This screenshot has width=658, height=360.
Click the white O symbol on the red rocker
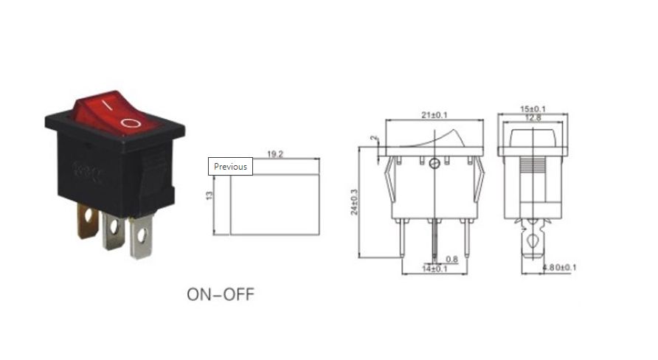click(130, 122)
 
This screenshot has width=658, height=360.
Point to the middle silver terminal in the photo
click(114, 230)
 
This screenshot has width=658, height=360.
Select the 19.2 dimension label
click(276, 154)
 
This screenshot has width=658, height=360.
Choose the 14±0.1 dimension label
click(435, 269)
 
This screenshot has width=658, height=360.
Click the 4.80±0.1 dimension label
click(558, 266)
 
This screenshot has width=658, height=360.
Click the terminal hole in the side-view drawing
click(533, 238)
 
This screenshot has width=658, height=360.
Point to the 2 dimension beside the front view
click(374, 138)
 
